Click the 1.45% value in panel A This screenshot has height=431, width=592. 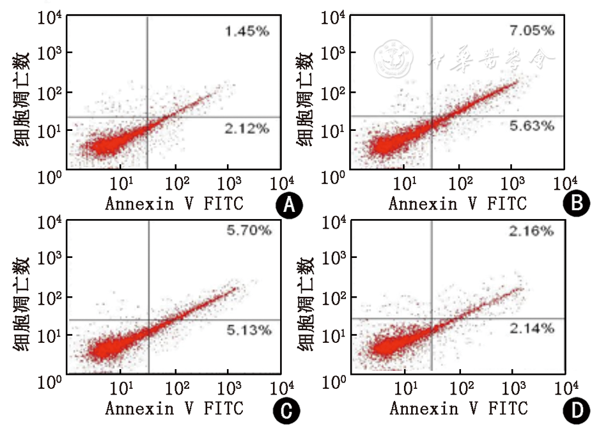pos(246,31)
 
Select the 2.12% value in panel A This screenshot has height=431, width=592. pos(246,129)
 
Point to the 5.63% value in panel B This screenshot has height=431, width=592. pos(532,126)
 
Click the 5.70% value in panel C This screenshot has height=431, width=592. pos(249,231)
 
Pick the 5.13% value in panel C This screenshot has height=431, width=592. pos(249,330)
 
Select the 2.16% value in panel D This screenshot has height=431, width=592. pos(532,231)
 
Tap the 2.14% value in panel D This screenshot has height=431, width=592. pos(532,328)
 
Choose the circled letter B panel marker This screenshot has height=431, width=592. pos(575,204)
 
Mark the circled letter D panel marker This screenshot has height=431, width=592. pos(575,412)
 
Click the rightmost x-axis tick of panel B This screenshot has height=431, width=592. pos(561,184)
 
